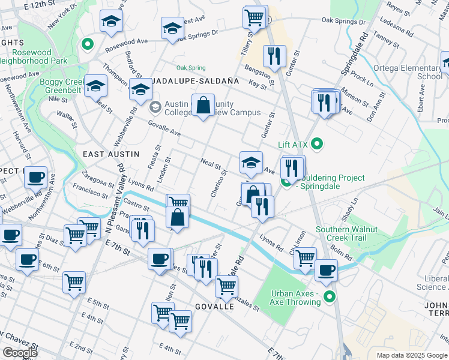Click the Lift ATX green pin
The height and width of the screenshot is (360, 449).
tap(318, 144)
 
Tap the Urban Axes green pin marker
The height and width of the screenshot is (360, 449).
tap(329, 296)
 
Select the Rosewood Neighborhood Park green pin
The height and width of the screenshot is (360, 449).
tap(87, 44)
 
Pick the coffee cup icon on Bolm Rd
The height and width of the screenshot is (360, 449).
tap(326, 270)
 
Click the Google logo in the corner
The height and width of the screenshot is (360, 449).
tap(20, 353)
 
